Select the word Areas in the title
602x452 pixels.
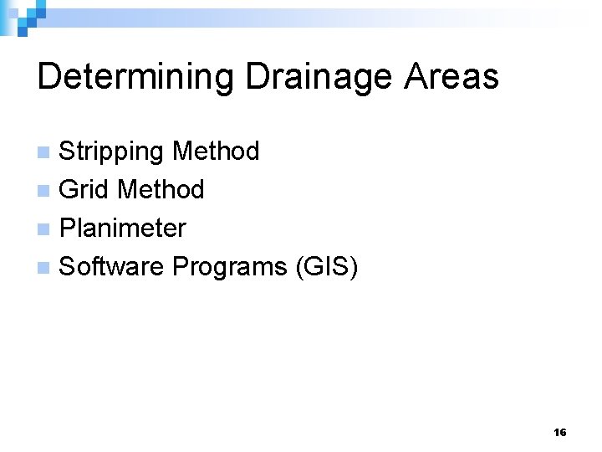[451, 77]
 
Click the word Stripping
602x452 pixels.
[112, 152]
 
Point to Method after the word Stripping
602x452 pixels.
[216, 152]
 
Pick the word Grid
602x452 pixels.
[84, 190]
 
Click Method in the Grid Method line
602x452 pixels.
[161, 190]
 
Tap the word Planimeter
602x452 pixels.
[123, 229]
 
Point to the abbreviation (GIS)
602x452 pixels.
[325, 267]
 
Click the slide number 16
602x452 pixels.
[559, 432]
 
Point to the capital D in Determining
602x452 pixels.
[48, 77]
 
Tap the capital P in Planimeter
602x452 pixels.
[68, 228]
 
